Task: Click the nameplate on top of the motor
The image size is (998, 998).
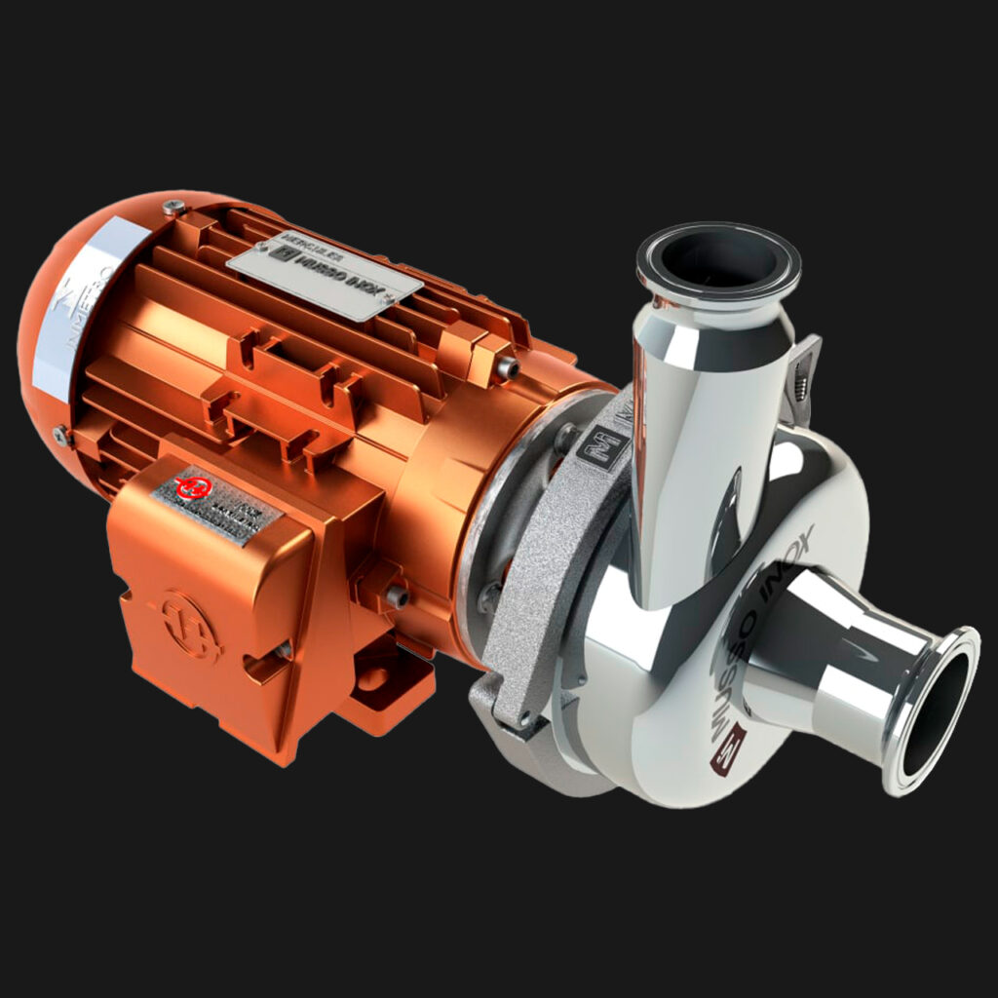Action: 324,276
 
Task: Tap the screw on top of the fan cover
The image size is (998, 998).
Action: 174,207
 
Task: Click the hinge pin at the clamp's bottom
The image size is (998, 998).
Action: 525,719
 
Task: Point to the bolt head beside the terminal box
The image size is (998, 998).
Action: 395,595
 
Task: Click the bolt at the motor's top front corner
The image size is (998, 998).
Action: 507,368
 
